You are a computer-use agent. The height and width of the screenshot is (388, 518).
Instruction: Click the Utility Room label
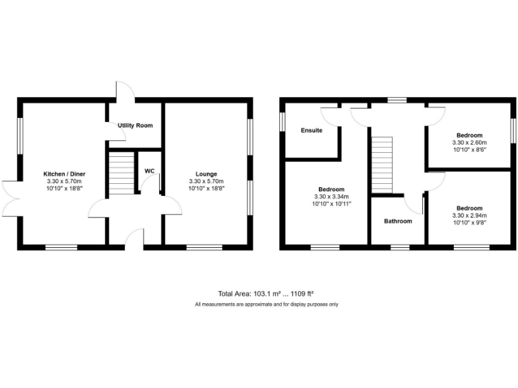[135, 125]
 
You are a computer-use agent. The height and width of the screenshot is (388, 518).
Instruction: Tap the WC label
[149, 171]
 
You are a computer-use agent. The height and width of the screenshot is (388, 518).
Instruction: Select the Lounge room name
[207, 174]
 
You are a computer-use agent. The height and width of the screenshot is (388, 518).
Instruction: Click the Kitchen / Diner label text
[64, 174]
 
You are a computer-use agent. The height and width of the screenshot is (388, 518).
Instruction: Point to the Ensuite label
[311, 130]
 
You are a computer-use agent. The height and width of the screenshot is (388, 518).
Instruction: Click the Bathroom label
[397, 221]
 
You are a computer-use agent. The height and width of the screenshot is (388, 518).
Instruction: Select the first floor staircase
[382, 165]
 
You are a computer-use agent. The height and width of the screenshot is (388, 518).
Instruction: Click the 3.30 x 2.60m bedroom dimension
[469, 143]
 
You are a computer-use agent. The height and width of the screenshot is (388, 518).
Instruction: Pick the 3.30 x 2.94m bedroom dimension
[469, 216]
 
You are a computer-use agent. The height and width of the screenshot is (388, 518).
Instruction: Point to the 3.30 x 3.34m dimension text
[331, 197]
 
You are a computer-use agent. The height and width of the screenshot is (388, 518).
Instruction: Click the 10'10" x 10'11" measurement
[331, 203]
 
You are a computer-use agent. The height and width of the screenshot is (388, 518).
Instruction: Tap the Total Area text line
[266, 294]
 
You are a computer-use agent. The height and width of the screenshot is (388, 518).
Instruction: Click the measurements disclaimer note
[266, 304]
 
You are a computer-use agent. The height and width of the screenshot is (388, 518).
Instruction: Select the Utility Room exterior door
[124, 92]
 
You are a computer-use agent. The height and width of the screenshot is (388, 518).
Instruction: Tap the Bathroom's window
[399, 248]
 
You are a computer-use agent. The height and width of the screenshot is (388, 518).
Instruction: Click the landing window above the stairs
[397, 100]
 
